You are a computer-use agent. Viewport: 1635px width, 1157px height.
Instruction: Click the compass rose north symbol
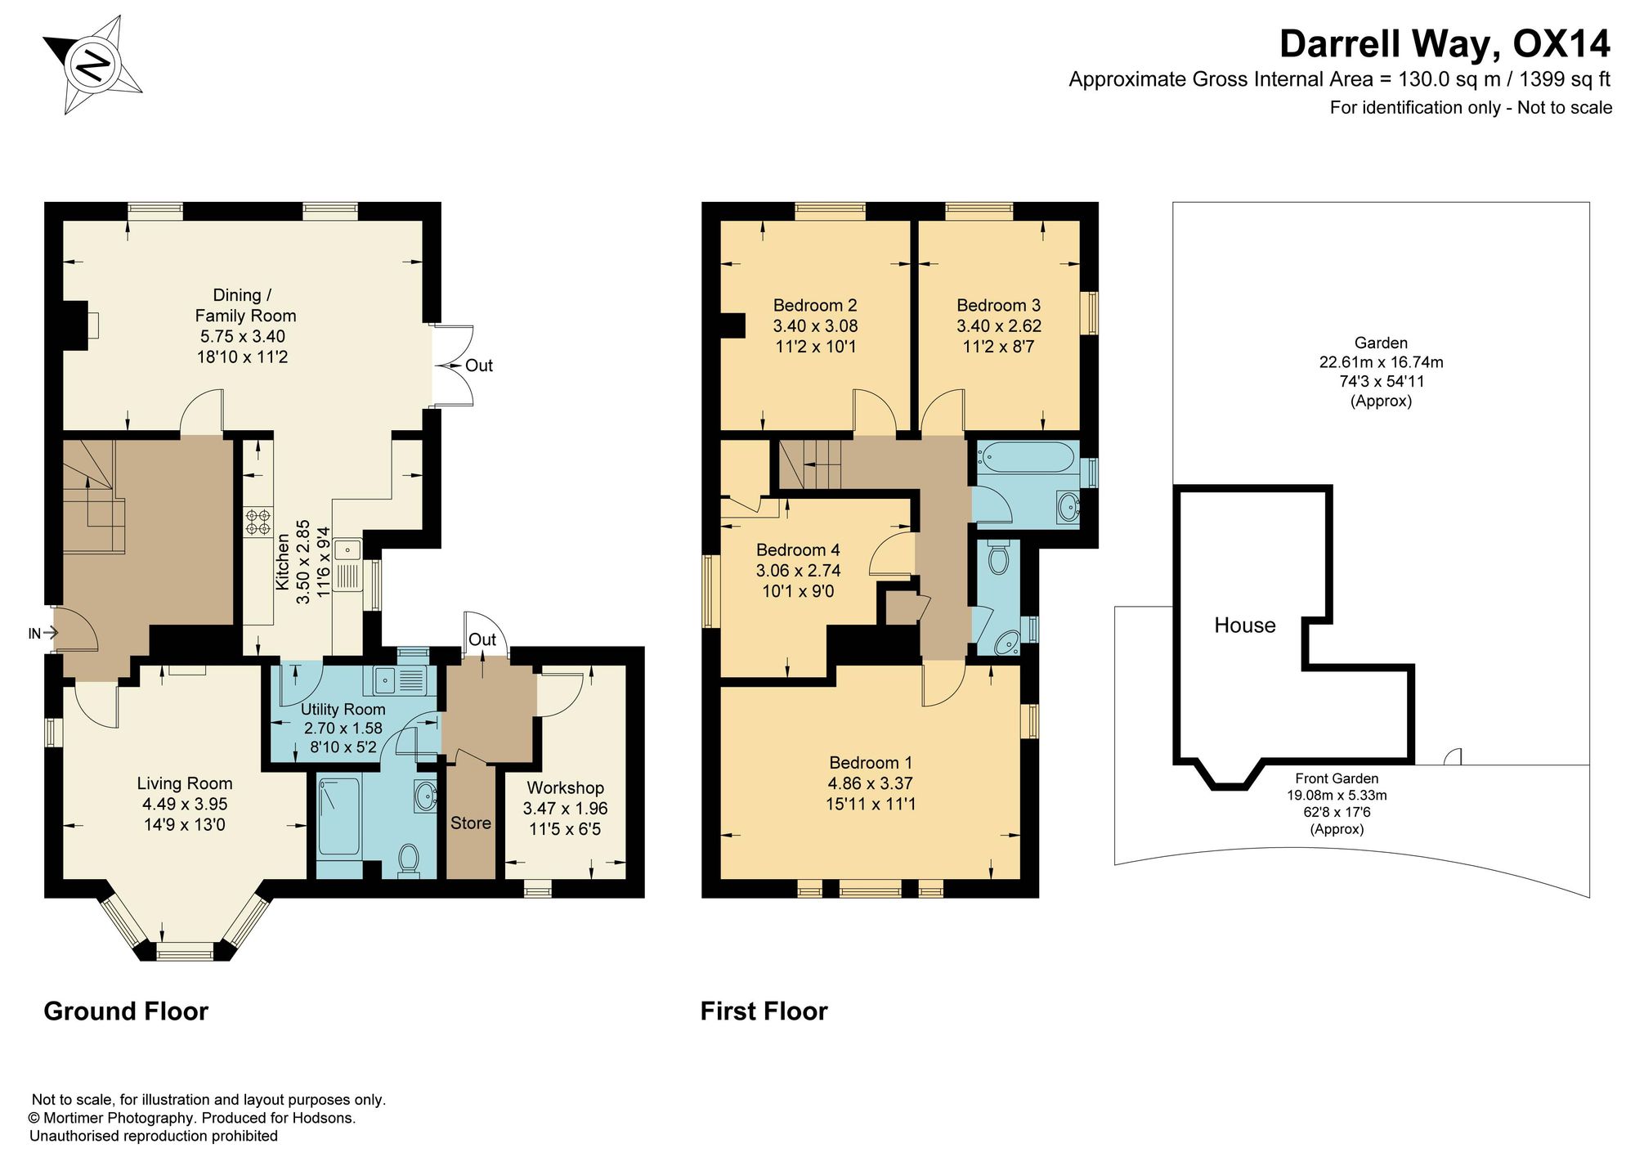click(93, 64)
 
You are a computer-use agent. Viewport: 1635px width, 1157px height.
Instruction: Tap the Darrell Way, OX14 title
click(1445, 44)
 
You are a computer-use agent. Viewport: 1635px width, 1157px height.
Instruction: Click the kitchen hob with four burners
click(258, 522)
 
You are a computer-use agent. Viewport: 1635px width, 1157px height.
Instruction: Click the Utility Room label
click(343, 709)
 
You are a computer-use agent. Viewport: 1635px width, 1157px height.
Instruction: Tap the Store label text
click(471, 823)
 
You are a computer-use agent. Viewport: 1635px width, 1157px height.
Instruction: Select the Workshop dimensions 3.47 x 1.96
click(566, 809)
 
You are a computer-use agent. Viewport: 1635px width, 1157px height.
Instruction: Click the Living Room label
click(185, 783)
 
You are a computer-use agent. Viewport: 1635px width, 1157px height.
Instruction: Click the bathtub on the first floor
click(1027, 457)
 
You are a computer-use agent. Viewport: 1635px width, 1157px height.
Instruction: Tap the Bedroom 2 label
click(815, 305)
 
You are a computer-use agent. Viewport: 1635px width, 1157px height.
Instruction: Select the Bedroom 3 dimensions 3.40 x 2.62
click(999, 325)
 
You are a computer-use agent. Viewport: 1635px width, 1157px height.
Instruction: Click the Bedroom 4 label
click(798, 549)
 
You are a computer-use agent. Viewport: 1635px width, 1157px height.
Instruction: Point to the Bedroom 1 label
click(871, 762)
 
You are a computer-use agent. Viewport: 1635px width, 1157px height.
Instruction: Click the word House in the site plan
click(1245, 626)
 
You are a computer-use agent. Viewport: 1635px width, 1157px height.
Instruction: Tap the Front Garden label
click(1337, 778)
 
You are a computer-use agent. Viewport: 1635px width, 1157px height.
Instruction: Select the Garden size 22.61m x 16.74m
click(1382, 362)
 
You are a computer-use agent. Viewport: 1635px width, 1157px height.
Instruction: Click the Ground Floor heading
click(126, 1011)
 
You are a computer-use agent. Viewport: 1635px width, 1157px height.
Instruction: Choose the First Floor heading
click(764, 1011)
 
